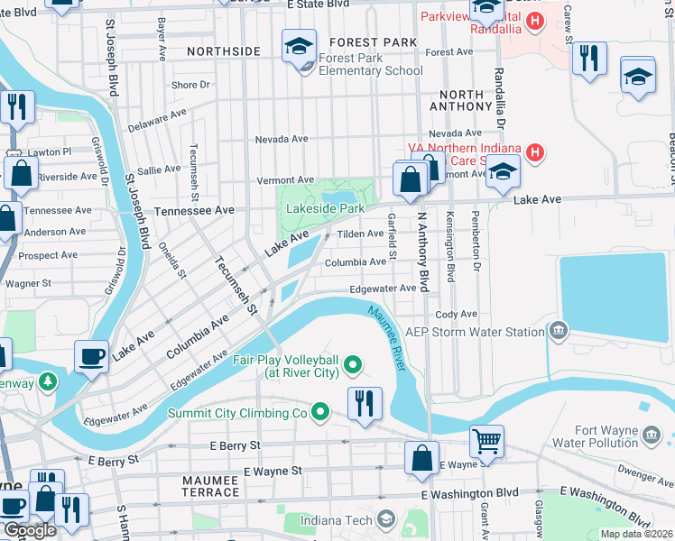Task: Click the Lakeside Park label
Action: pos(325,208)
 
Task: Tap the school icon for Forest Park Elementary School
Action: pos(299,45)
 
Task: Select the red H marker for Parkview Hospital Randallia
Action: pos(536,21)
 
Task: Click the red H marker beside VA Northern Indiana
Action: pos(535,152)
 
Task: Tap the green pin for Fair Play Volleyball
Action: pos(354,365)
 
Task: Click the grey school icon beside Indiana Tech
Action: pos(386,519)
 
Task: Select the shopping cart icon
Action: pos(486,441)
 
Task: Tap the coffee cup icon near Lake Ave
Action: pos(91,356)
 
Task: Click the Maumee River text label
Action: pos(386,337)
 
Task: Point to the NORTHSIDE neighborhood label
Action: pos(223,52)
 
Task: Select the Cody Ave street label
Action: pos(456,314)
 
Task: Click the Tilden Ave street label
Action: pos(359,234)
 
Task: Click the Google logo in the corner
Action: pos(30,531)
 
